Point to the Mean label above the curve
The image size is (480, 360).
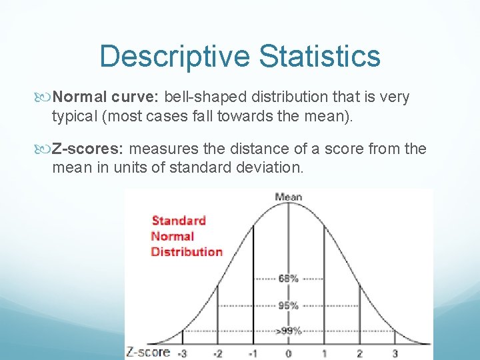point(288,197)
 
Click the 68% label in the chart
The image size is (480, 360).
point(288,279)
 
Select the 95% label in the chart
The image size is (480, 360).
point(288,306)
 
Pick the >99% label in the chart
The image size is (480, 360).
point(288,330)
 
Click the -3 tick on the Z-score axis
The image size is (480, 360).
point(182,353)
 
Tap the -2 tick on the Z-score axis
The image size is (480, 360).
point(217,353)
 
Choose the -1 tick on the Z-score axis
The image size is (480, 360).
point(252,353)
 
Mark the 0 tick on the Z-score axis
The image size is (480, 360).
point(288,353)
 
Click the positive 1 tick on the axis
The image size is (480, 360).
point(323,353)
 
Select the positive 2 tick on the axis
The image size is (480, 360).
point(359,353)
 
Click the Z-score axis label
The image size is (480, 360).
point(147,352)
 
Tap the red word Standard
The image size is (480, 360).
point(179,221)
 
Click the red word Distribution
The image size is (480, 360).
point(187,251)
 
